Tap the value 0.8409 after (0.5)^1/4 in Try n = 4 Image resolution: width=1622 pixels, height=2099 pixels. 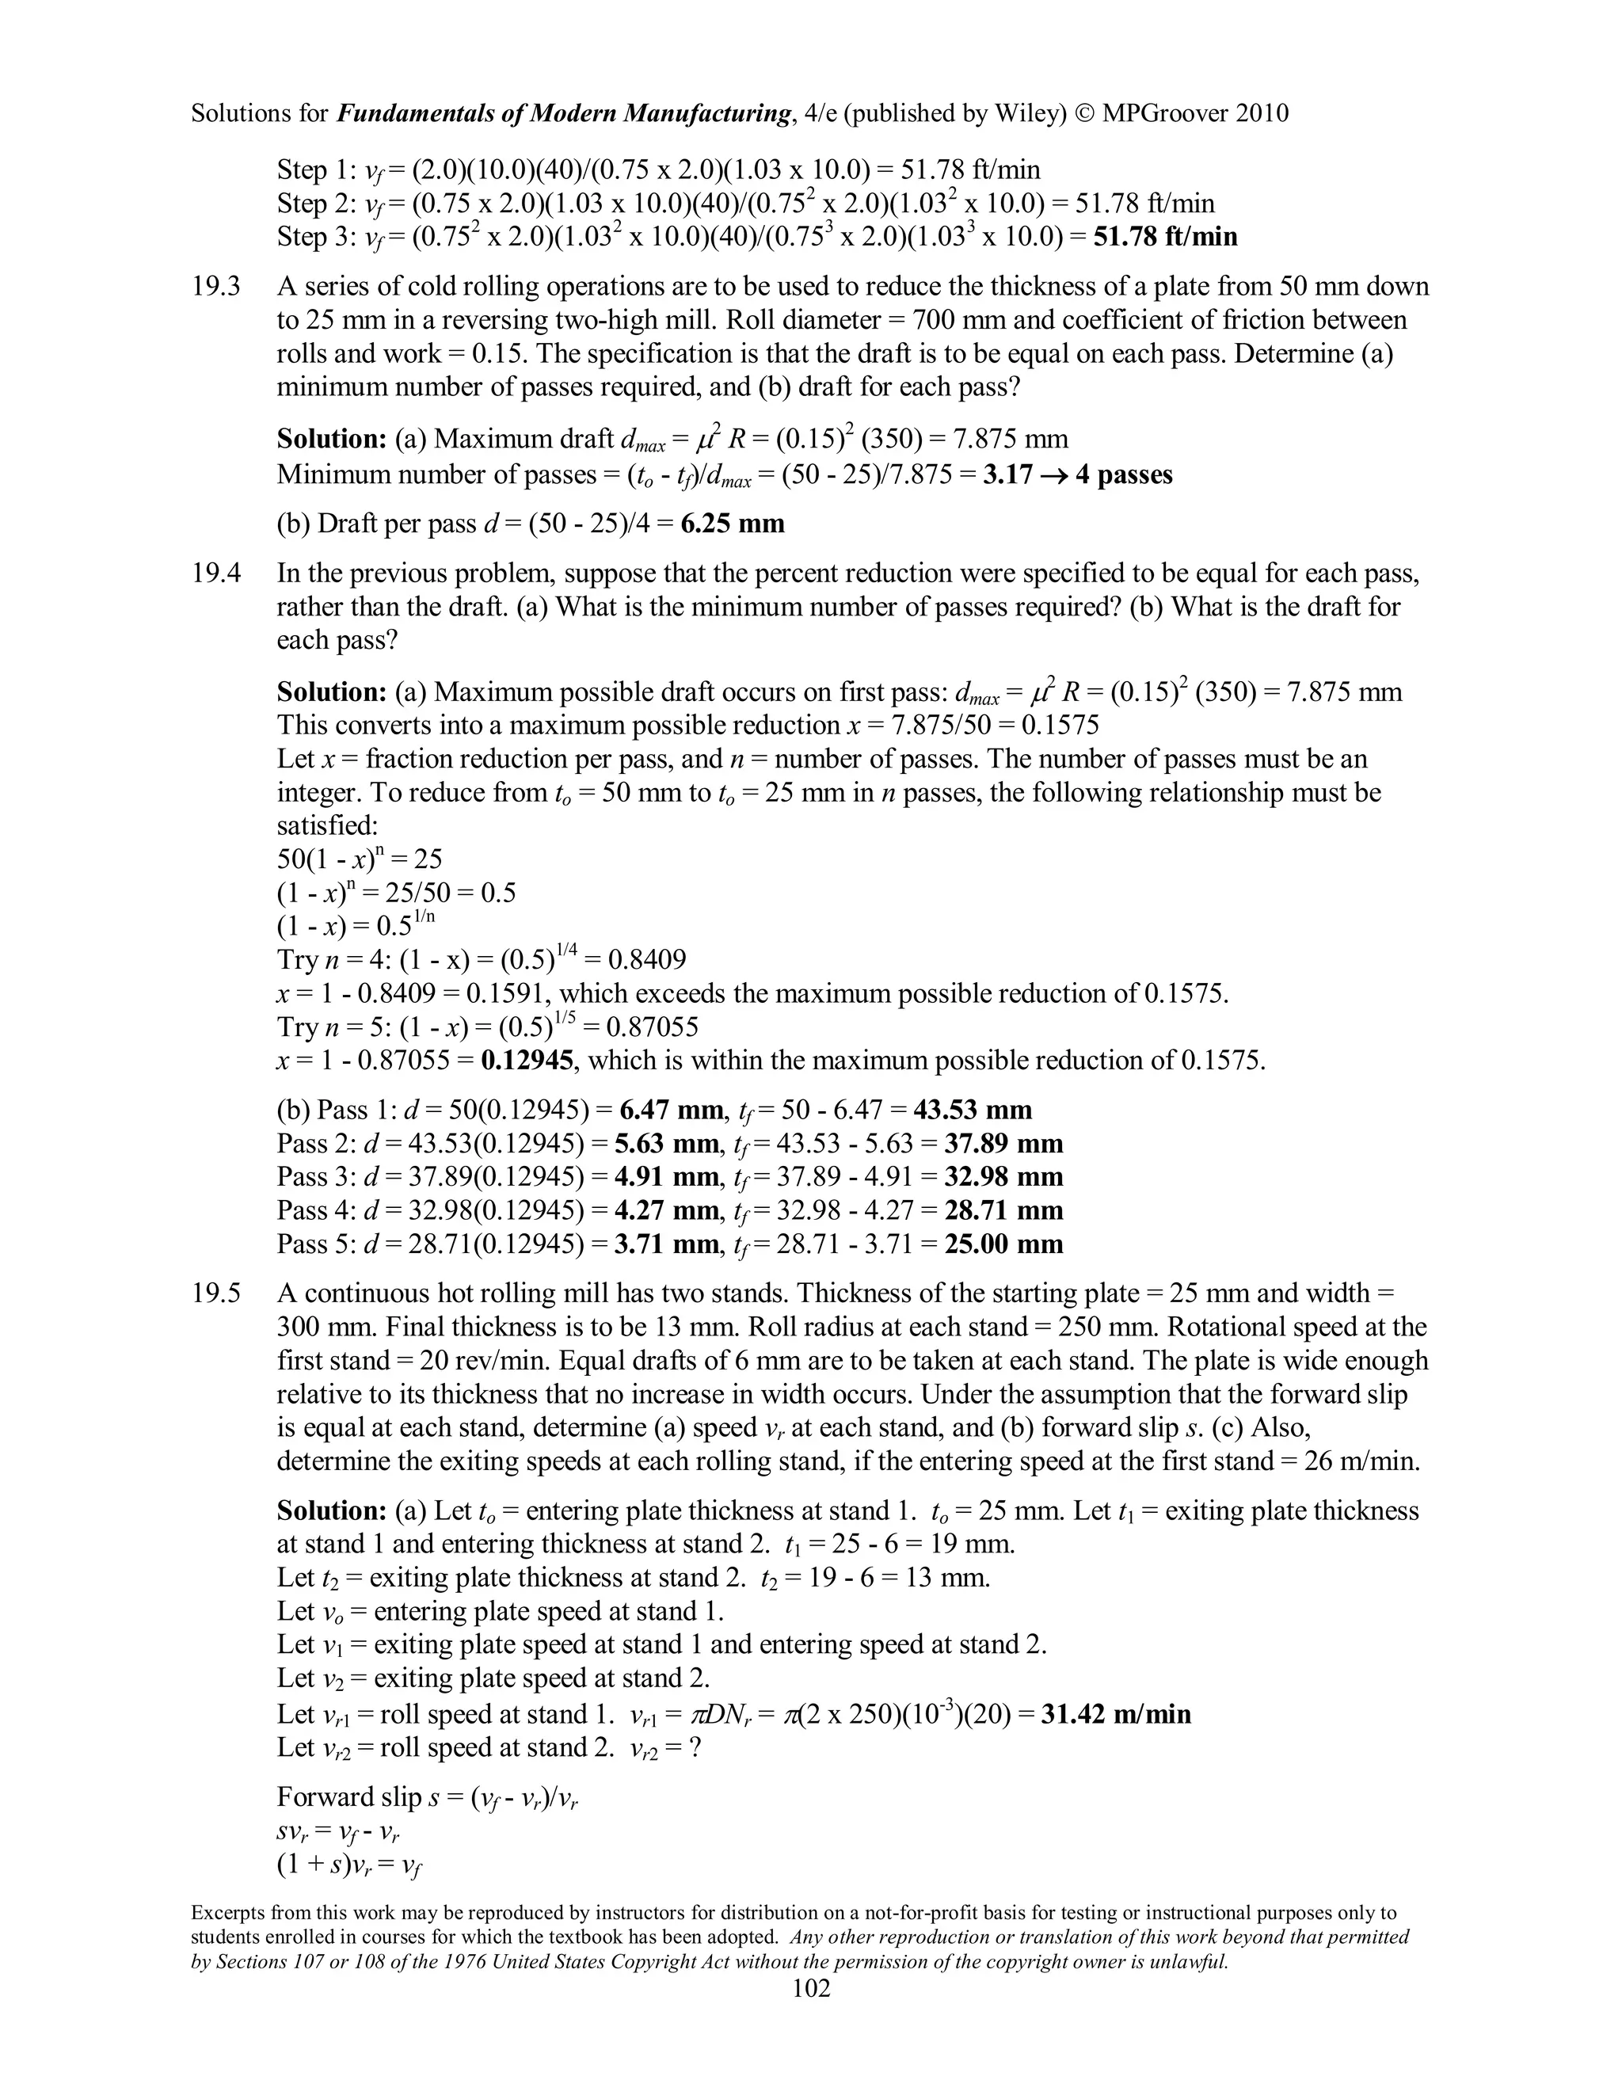pyautogui.click(x=644, y=960)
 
